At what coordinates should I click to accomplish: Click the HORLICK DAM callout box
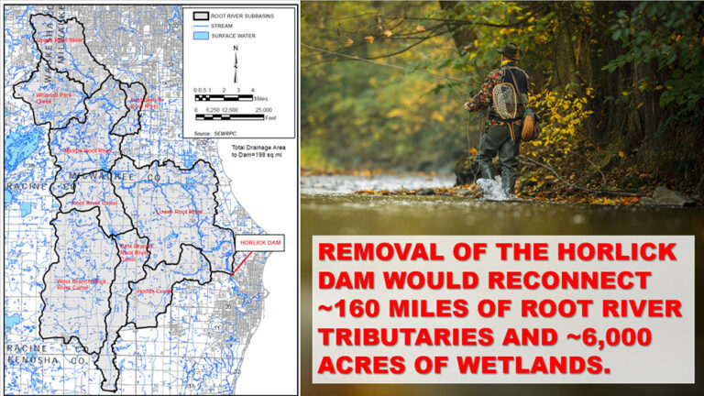point(256,244)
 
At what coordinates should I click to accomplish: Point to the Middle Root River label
point(88,150)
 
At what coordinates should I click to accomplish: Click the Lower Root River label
point(180,211)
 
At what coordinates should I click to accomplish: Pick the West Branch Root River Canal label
point(82,283)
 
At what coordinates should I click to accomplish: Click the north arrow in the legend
point(236,62)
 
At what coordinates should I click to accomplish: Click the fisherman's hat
point(510,50)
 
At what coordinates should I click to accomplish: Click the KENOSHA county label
point(38,362)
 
